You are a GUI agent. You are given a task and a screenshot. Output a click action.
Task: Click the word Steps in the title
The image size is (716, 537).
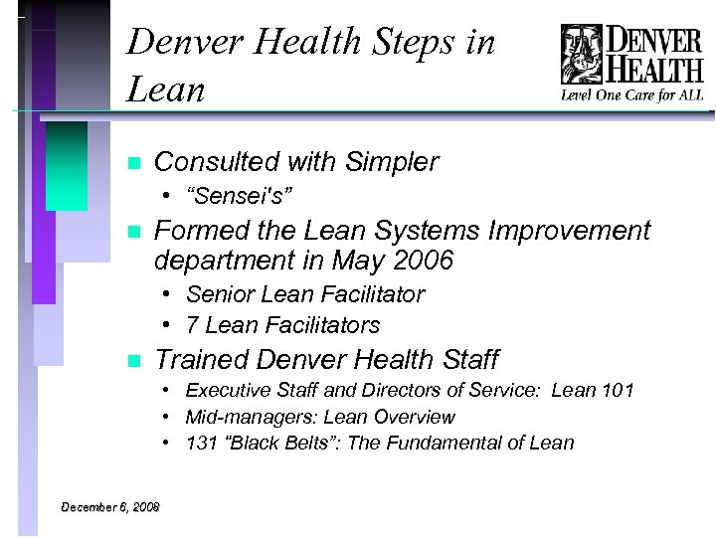[x=402, y=42]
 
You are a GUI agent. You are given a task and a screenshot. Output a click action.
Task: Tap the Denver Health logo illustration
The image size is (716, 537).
[x=582, y=54]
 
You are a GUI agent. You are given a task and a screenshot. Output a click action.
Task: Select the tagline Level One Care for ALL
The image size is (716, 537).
[x=632, y=95]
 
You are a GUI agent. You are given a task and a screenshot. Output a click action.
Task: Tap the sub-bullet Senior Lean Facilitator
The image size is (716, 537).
[x=305, y=294]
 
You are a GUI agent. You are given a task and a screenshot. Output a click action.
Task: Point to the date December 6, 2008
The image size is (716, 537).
[x=110, y=507]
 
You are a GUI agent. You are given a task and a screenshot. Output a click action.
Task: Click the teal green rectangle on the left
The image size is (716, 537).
[x=67, y=165]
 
